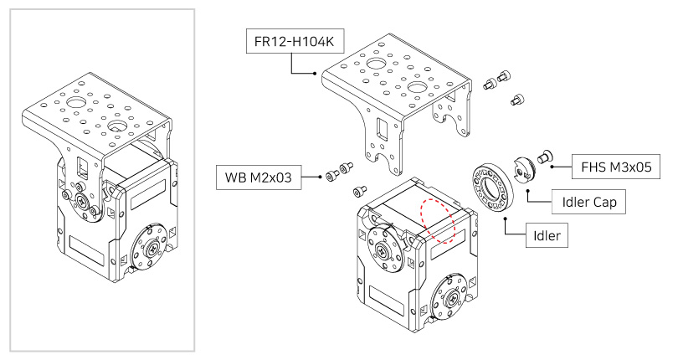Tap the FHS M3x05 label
point(616,167)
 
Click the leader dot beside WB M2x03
point(323,177)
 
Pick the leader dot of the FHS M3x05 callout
point(552,167)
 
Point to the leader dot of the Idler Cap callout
point(527,191)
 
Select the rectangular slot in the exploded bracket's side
point(382,131)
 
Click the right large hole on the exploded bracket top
point(419,87)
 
